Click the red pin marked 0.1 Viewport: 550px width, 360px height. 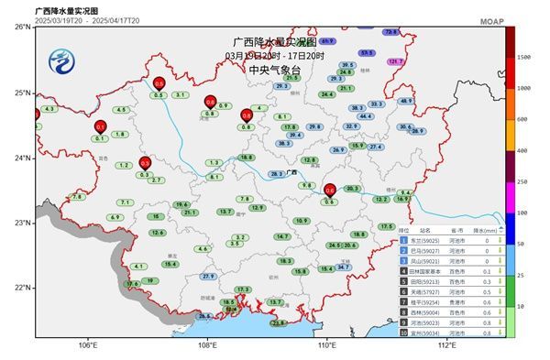100,126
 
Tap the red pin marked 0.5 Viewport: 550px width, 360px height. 158,85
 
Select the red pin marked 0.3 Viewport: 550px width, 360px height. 144,163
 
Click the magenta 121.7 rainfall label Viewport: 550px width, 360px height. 396,61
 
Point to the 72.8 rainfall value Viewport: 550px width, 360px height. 390,32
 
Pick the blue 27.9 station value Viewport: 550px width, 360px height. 208,276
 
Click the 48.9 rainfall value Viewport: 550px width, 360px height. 406,101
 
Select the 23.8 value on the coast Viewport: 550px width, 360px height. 279,322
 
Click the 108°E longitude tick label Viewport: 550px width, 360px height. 207,345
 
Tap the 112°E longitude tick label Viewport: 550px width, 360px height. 446,345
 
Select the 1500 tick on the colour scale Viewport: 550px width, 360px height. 524,57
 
